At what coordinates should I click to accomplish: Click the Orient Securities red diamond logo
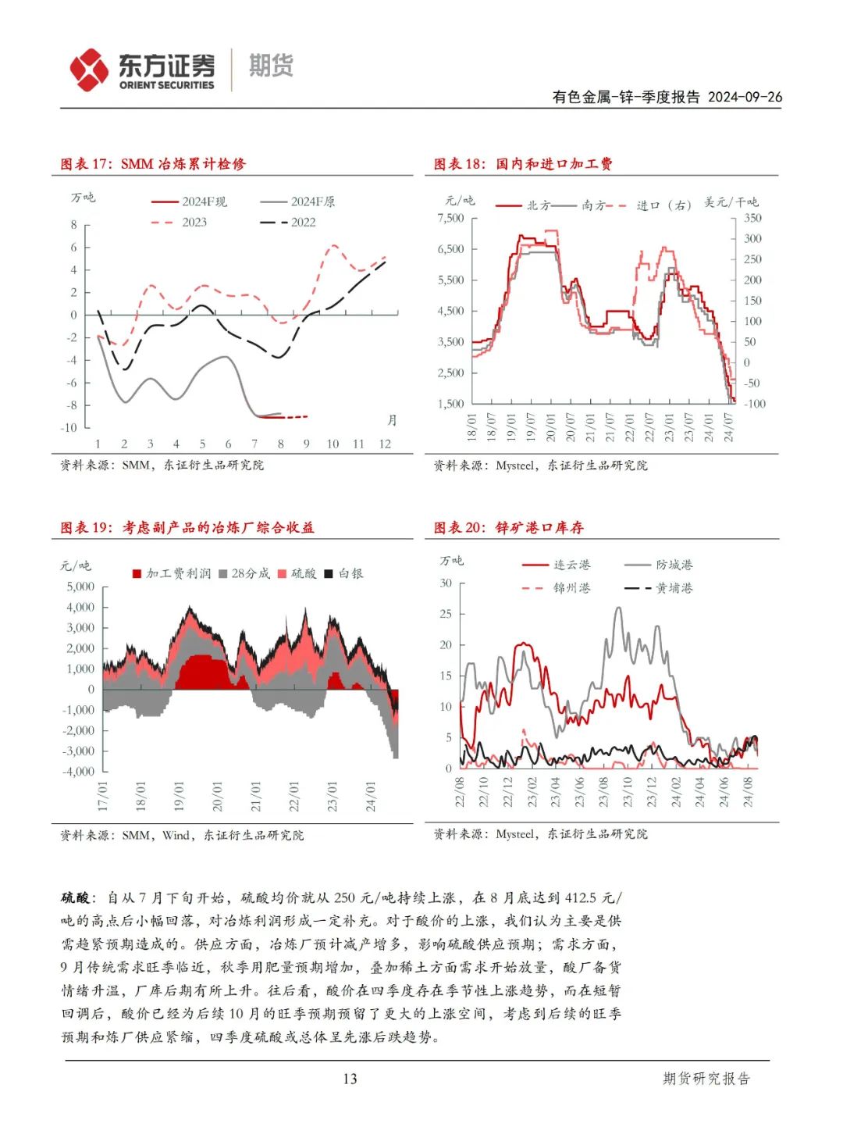(x=90, y=70)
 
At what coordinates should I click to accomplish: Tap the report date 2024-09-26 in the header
(x=745, y=97)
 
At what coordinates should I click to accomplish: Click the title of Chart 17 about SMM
(x=153, y=164)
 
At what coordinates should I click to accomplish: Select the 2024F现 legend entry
(x=189, y=202)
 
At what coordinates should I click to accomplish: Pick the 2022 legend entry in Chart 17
(x=288, y=223)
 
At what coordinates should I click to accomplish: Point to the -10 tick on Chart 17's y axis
(x=69, y=428)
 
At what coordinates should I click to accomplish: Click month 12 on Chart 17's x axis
(x=385, y=444)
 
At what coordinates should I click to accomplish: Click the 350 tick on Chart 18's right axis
(x=752, y=218)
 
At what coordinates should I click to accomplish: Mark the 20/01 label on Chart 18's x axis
(x=550, y=428)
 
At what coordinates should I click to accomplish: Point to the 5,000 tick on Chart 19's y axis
(x=80, y=587)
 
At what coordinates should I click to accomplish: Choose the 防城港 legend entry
(x=659, y=565)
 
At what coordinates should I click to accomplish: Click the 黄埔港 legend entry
(x=659, y=588)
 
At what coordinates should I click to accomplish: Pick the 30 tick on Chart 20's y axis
(x=446, y=583)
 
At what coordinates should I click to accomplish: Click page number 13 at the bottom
(x=350, y=1079)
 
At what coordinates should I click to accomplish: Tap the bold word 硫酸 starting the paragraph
(x=76, y=898)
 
